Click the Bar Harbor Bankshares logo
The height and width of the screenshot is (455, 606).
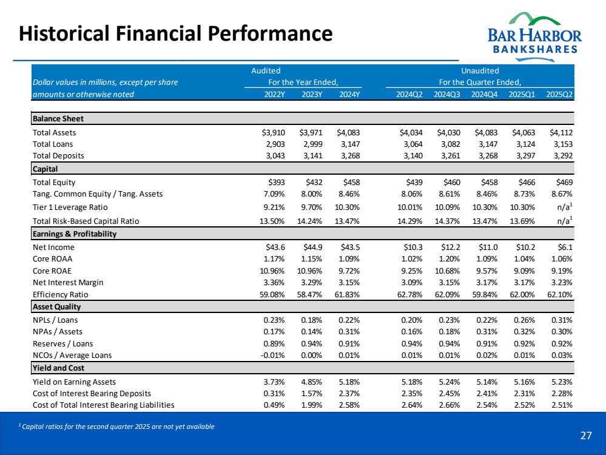(x=534, y=33)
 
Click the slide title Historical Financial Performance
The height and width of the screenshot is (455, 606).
(x=176, y=33)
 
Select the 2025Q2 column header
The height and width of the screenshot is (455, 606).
(x=559, y=95)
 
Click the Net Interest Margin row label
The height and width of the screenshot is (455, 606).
(x=68, y=282)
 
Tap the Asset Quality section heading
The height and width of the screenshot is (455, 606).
(x=56, y=307)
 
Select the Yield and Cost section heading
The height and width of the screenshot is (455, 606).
(x=58, y=368)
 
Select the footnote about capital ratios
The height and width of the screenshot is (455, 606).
(x=116, y=426)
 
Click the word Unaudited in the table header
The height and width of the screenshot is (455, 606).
(x=480, y=71)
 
